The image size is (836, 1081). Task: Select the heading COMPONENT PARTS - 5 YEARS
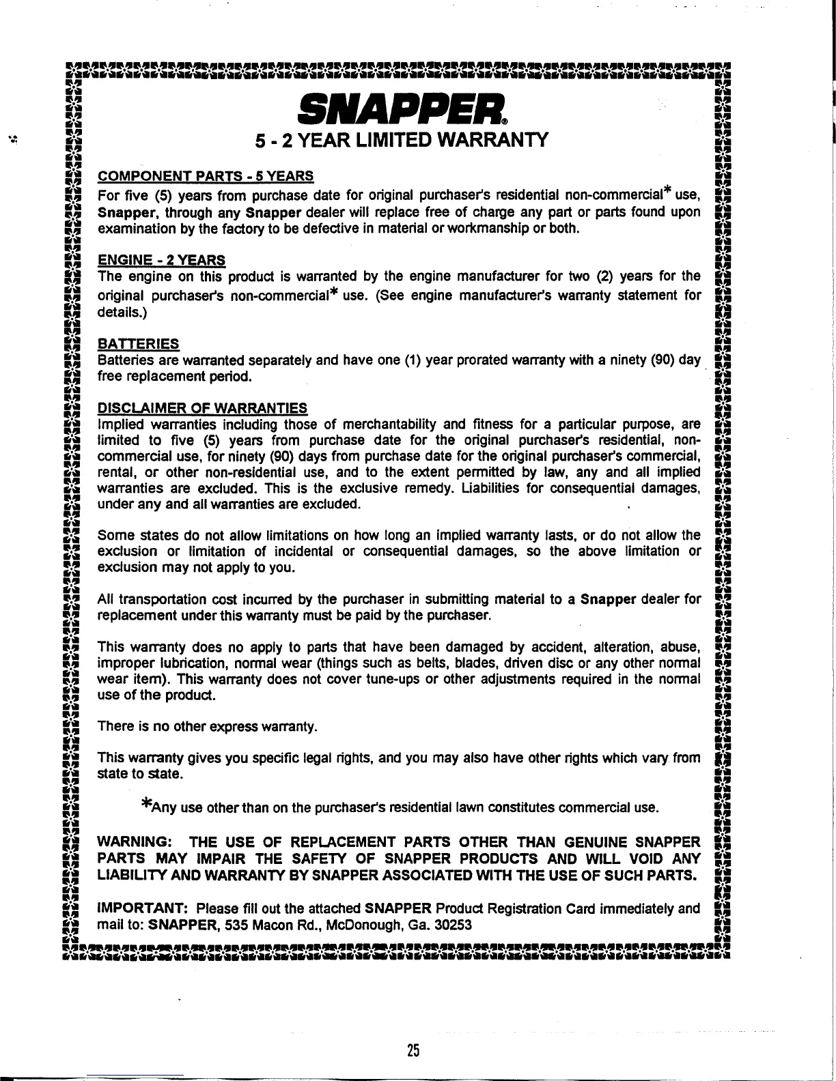[206, 176]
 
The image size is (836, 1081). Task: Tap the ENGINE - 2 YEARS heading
[162, 260]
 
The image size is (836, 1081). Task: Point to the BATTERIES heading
[139, 343]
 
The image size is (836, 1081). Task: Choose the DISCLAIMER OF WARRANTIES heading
[203, 409]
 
